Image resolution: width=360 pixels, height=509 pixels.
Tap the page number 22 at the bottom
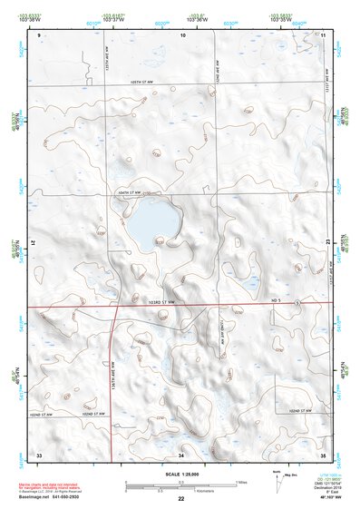181,499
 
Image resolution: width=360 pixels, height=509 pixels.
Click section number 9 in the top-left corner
39,34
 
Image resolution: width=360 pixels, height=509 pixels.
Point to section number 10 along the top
182,34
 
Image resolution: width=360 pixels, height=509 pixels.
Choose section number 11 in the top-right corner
323,34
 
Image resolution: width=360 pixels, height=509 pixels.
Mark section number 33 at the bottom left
39,453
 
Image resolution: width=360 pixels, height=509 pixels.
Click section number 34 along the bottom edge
182,453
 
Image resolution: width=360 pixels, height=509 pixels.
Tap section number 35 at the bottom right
323,453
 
